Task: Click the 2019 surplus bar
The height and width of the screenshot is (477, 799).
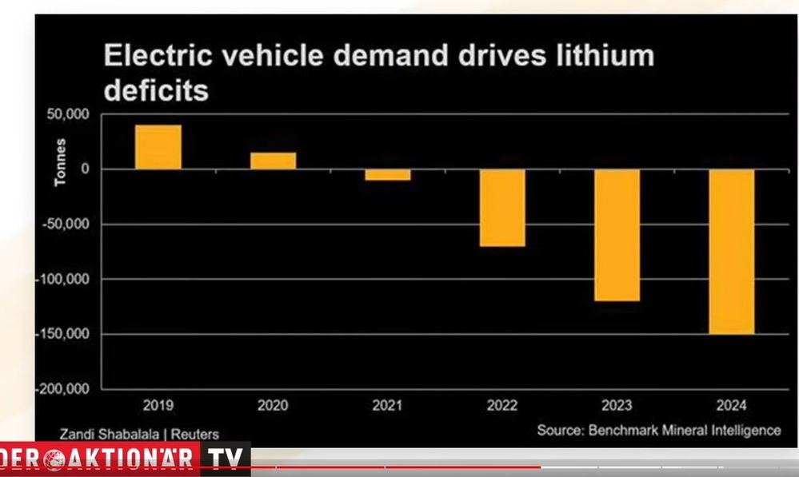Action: pos(158,147)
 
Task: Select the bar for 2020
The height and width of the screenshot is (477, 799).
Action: pos(273,161)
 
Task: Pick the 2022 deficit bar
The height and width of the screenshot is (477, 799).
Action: pos(502,208)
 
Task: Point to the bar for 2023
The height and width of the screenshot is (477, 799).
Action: pos(617,235)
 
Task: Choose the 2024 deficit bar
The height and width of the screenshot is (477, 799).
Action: pos(731,251)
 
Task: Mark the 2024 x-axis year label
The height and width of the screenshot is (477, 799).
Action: pos(731,405)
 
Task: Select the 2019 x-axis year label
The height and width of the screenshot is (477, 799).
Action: pos(158,405)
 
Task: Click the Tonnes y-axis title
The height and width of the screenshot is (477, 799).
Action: pos(61,162)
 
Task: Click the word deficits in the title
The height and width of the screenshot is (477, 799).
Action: pos(157,90)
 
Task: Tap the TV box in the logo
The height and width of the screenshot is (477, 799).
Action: pos(225,459)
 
